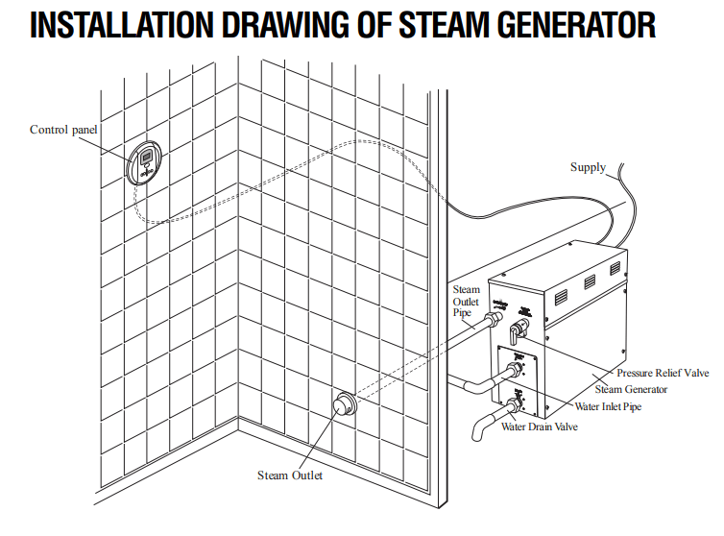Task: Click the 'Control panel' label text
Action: click(x=63, y=130)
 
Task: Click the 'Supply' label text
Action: click(x=588, y=167)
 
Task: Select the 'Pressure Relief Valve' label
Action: click(x=662, y=374)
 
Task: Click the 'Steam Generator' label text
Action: click(x=631, y=389)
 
